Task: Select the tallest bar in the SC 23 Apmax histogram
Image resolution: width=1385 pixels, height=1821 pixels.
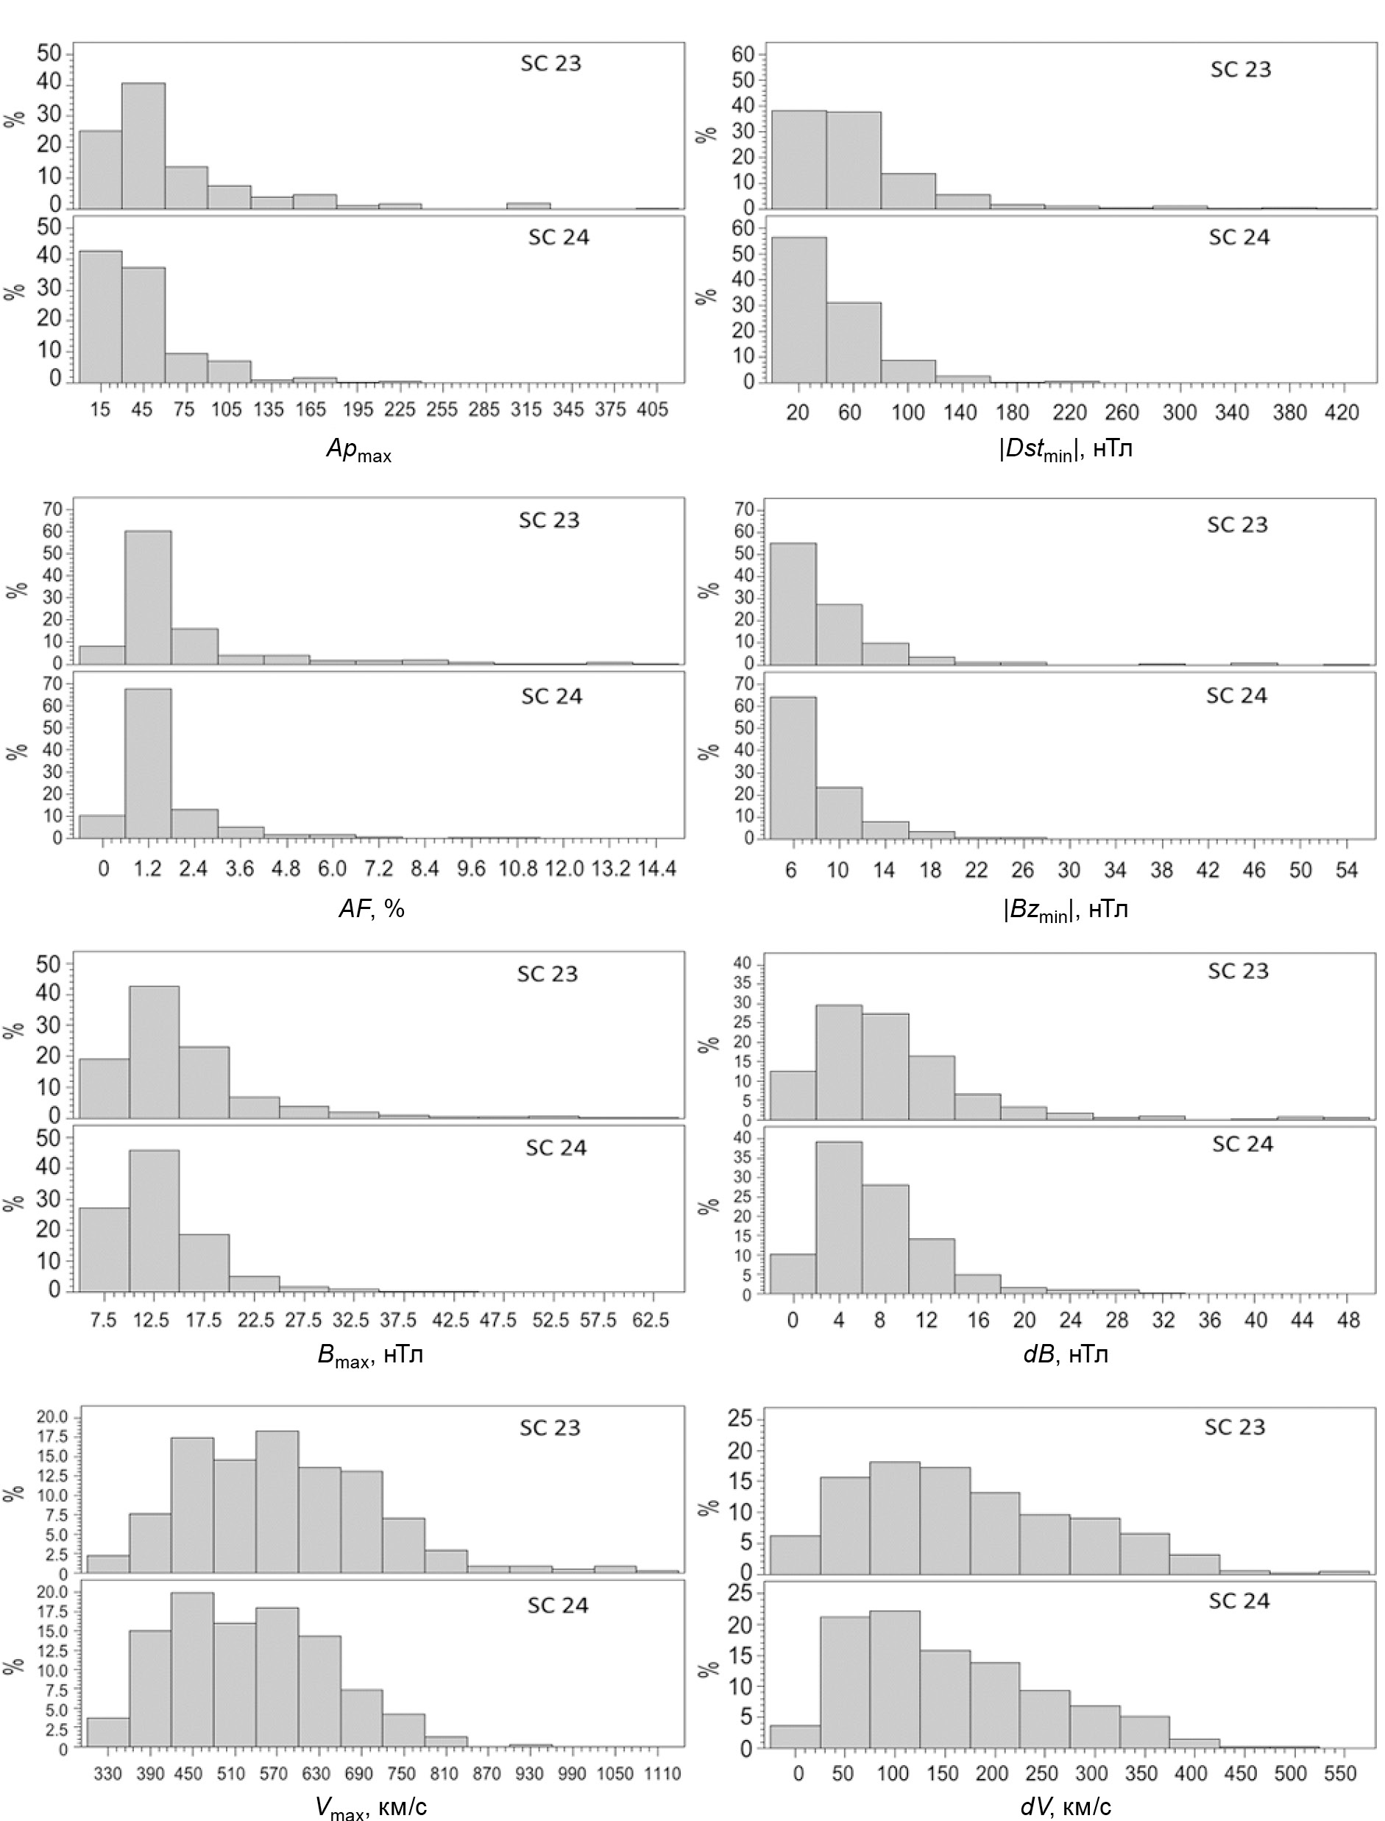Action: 143,146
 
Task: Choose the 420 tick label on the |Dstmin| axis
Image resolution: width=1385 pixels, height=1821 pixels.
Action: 1342,412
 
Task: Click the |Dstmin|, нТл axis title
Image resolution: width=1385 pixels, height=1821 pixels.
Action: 1065,451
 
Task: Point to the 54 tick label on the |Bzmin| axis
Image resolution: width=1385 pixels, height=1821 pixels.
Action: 1346,871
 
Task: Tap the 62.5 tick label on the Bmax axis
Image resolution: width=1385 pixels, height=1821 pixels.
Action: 651,1320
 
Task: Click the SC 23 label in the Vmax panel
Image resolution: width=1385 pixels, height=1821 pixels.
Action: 550,1428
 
